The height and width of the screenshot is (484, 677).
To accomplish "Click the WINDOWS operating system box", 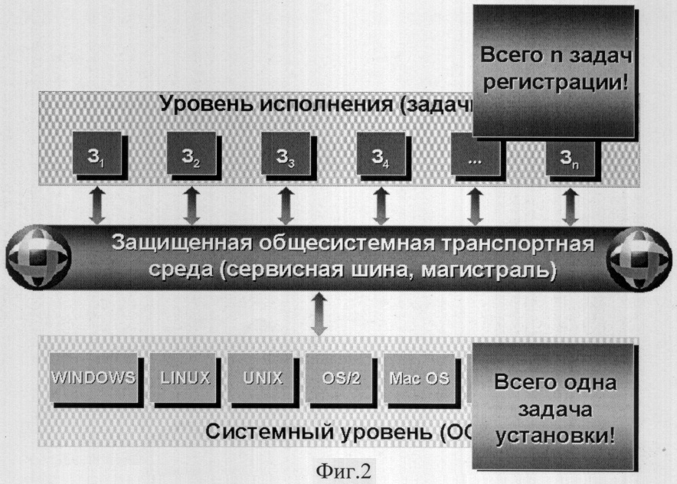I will coord(93,378).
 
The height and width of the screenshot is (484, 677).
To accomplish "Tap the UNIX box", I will coord(263,378).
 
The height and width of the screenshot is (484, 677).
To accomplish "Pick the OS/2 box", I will coord(337,378).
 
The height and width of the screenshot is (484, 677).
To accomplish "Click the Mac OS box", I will coord(415,378).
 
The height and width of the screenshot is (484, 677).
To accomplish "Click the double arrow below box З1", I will coord(97,205).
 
